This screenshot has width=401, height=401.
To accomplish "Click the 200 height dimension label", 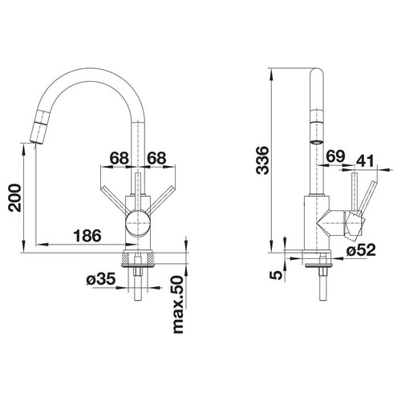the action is coord(14,198).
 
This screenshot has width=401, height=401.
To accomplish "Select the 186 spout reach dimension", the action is coord(87,236).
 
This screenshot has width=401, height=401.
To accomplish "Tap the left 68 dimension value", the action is coord(119,158).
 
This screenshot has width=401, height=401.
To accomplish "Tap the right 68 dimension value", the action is coord(156,158).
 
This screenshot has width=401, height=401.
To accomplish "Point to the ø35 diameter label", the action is coord(101,279).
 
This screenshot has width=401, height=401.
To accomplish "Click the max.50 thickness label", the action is coord(178,305).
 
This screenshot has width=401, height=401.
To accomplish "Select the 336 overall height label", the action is coord(262,160).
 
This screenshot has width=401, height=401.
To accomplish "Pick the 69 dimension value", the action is coord(335,156).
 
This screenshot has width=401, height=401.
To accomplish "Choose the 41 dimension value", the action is coord(365,161).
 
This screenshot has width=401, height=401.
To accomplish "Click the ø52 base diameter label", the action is coord(361,250).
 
